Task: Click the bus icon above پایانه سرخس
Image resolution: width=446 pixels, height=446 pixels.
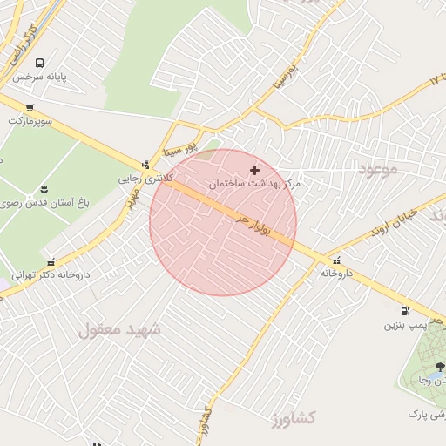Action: pyautogui.click(x=40, y=64)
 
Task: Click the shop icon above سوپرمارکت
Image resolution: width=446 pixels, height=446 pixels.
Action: pyautogui.click(x=30, y=107)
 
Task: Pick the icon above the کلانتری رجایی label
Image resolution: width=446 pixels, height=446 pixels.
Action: pyautogui.click(x=146, y=164)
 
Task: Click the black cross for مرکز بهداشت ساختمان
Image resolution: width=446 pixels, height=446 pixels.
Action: pyautogui.click(x=254, y=170)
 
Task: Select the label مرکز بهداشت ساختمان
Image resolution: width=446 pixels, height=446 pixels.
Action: pyautogui.click(x=254, y=185)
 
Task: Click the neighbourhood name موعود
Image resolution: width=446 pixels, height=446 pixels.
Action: pyautogui.click(x=376, y=167)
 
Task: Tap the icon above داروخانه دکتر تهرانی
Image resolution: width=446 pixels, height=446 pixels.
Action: pyautogui.click(x=51, y=260)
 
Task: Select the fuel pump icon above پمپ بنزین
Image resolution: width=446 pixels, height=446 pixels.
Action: pyautogui.click(x=404, y=311)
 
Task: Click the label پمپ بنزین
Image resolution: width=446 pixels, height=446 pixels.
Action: pyautogui.click(x=404, y=325)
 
